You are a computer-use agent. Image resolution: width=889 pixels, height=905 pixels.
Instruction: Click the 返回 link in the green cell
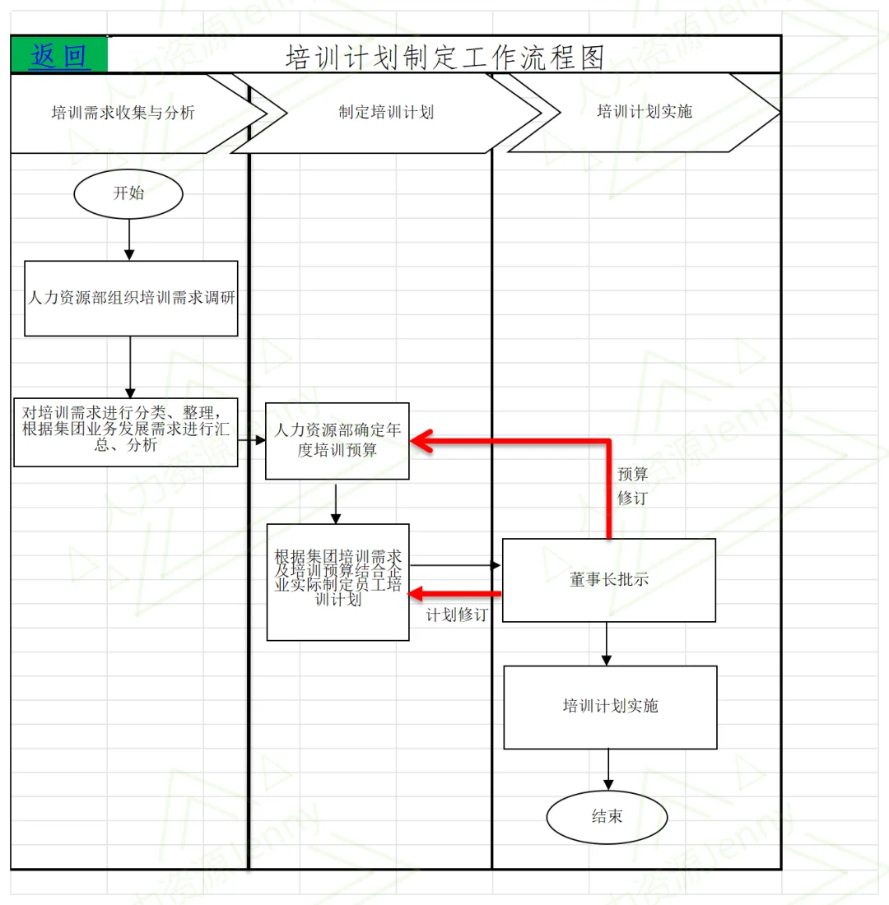(58, 56)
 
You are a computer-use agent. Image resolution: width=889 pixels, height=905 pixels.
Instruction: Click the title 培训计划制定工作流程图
(444, 57)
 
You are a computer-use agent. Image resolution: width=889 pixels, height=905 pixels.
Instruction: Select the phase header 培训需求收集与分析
(123, 113)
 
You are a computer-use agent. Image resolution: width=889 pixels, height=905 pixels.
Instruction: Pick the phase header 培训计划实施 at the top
(644, 112)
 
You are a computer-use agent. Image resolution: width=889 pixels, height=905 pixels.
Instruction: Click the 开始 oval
(128, 193)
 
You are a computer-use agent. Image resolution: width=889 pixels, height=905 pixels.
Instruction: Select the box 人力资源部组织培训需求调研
(131, 299)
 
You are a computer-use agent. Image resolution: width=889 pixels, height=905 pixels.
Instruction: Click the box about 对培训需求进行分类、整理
(126, 432)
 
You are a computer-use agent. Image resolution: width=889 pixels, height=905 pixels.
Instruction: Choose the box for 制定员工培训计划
(337, 582)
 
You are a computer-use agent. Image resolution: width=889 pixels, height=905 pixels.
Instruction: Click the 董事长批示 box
(608, 579)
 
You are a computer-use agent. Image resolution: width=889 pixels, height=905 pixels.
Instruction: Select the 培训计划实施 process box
(610, 707)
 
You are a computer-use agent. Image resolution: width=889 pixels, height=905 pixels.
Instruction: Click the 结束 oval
(607, 817)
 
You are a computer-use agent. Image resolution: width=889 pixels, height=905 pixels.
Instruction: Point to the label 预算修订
(632, 485)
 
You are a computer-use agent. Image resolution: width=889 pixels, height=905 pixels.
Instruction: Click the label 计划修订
(456, 615)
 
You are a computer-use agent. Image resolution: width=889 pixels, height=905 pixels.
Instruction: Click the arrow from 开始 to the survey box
(129, 240)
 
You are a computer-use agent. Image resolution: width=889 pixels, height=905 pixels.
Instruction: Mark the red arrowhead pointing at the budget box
(421, 442)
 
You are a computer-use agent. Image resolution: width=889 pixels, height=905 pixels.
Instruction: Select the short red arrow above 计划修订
(456, 593)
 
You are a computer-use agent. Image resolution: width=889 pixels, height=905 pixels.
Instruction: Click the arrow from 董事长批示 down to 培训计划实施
(607, 643)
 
